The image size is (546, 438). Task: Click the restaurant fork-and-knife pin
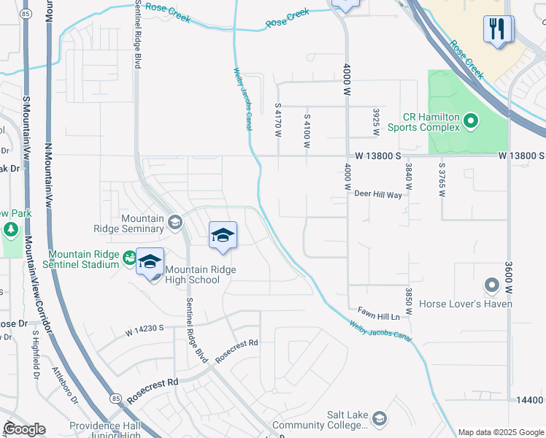499,30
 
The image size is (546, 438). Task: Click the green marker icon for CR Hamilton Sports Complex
471,120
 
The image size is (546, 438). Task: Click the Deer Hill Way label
378,195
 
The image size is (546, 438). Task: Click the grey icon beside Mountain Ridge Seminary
174,222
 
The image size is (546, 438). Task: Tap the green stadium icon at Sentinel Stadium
129,258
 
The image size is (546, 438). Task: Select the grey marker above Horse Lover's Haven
492,285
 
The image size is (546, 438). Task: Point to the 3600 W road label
509,278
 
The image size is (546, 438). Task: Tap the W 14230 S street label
150,331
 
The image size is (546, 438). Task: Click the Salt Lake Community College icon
379,418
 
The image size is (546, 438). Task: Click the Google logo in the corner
24,429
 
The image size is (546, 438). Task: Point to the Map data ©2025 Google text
500,432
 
